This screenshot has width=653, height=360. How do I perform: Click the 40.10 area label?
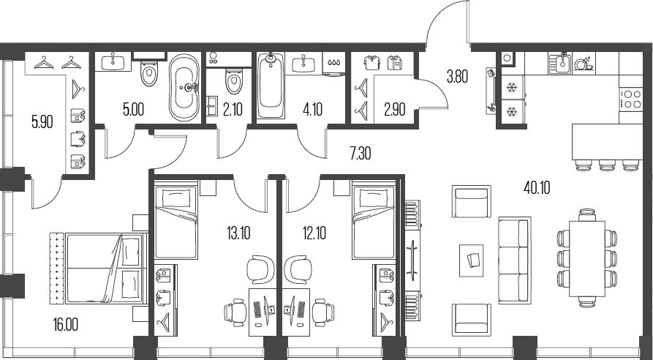click(537, 187)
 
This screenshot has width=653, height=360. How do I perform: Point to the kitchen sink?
click(561, 63)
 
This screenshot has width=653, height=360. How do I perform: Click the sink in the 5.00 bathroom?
click(116, 62)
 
